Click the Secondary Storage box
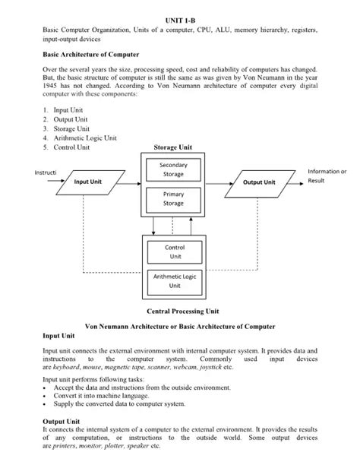[x=173, y=169]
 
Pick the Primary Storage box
[x=173, y=199]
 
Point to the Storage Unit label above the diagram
[x=173, y=147]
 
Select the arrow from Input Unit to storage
[x=126, y=182]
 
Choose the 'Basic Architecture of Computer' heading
[x=90, y=55]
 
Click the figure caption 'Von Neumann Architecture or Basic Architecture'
[x=180, y=325]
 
